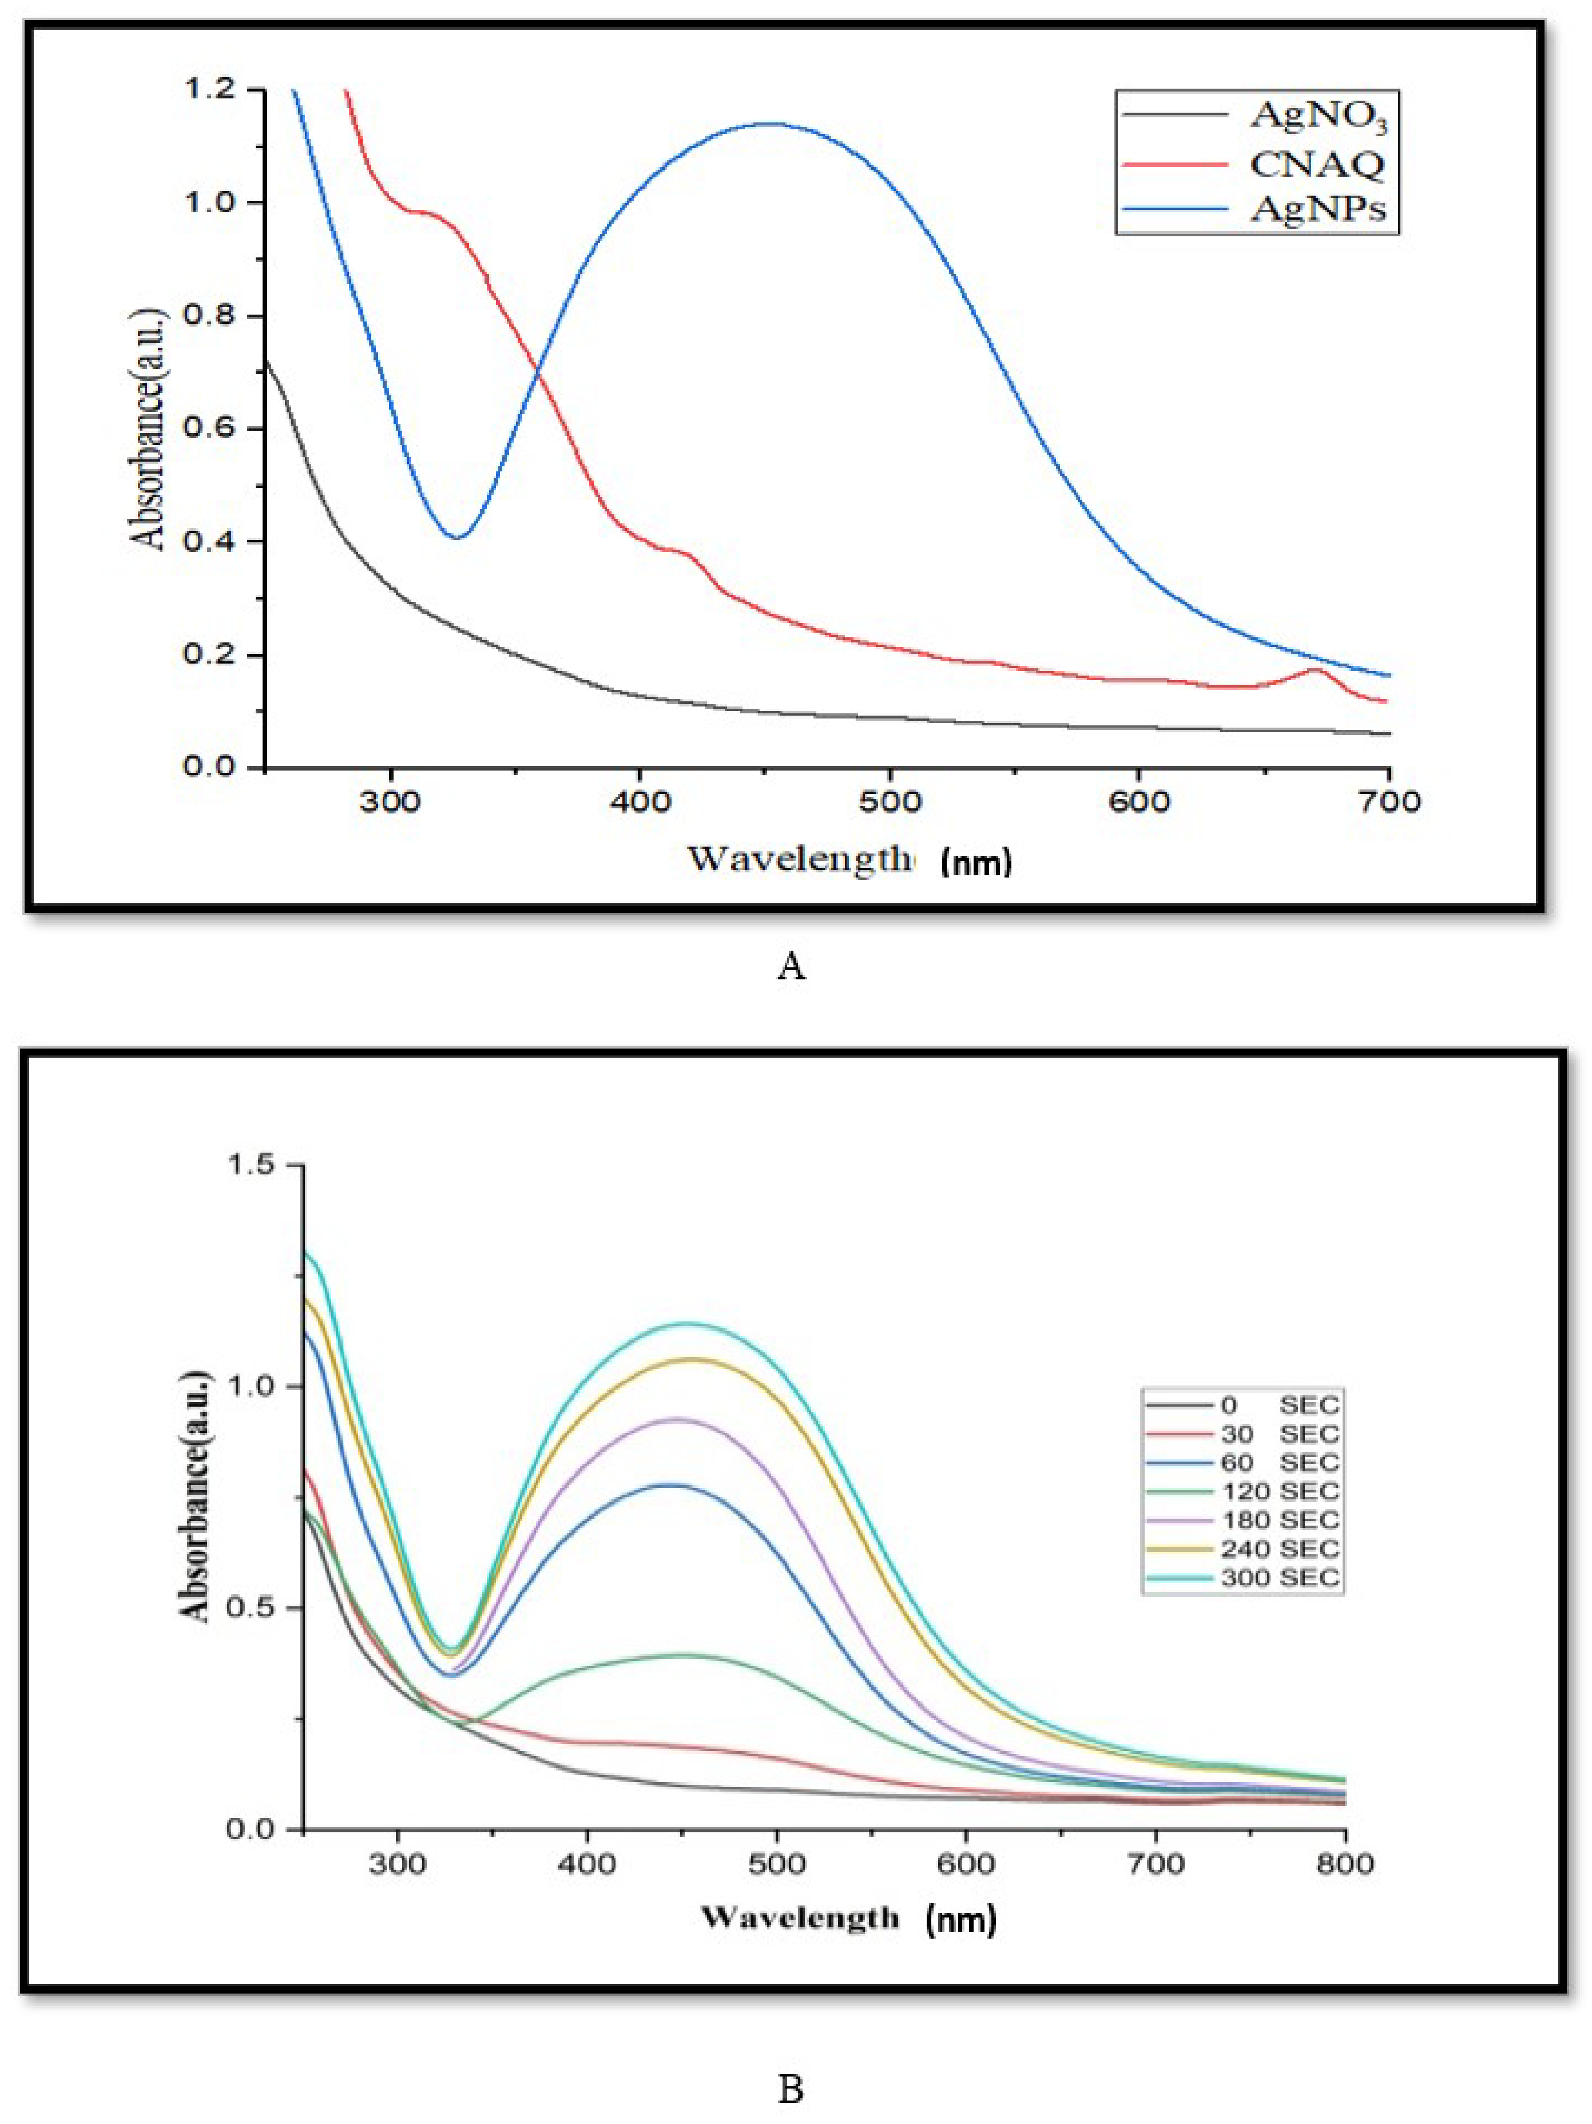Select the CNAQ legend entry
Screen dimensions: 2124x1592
[x=1316, y=164]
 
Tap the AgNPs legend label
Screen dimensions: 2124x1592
[x=1317, y=208]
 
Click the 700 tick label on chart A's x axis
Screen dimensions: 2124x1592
[x=1388, y=801]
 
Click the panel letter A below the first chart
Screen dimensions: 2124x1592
[x=790, y=966]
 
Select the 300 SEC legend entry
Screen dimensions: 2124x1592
[x=1279, y=1578]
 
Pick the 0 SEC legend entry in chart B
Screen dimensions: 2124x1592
[x=1279, y=1406]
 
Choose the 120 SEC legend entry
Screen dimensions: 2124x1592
[x=1279, y=1492]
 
